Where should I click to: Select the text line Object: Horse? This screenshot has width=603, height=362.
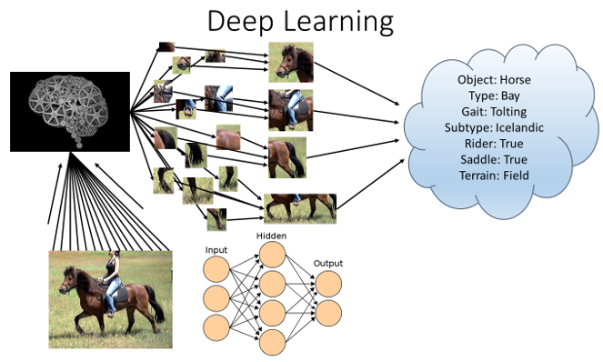[x=494, y=80]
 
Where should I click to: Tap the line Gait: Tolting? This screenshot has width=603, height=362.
[x=494, y=111]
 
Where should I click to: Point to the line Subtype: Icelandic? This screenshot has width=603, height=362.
[x=494, y=126]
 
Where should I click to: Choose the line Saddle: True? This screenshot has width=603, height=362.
[x=494, y=157]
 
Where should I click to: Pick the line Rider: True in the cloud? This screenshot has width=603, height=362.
[x=494, y=142]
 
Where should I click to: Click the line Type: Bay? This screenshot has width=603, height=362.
[x=494, y=96]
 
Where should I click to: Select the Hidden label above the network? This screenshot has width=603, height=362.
[x=271, y=236]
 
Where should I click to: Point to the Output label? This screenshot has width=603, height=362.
[x=328, y=263]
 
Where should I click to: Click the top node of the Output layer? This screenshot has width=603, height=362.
[x=328, y=283]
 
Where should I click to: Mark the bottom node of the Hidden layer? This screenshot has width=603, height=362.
[x=272, y=342]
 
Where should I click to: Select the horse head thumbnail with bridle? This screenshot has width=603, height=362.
[x=291, y=62]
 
